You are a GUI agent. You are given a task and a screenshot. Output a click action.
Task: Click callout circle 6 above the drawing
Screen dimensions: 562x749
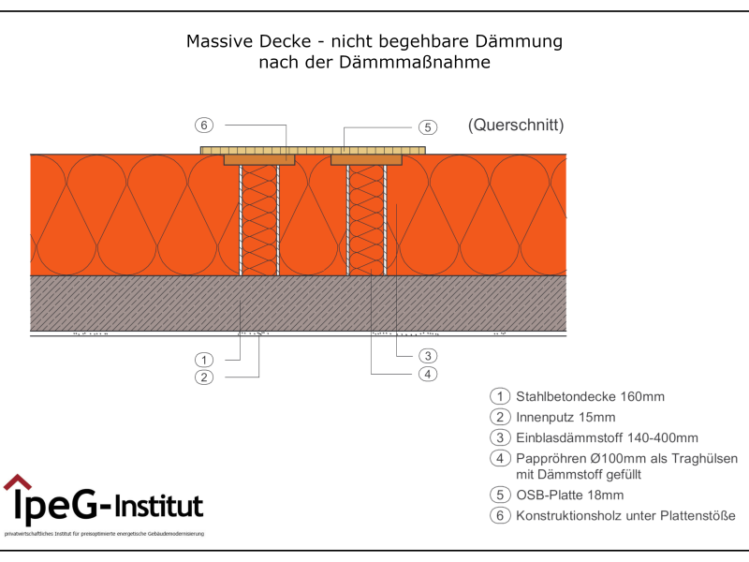204,125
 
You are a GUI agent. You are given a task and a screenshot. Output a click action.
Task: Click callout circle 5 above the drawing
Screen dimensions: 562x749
426,126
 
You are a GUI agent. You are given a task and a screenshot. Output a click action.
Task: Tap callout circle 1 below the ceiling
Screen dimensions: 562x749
204,360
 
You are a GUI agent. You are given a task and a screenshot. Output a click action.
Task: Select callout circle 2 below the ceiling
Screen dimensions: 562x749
204,377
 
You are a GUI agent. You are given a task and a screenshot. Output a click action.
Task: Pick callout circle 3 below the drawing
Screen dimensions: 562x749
426,356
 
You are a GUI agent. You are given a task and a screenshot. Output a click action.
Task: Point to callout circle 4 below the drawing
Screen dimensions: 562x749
426,374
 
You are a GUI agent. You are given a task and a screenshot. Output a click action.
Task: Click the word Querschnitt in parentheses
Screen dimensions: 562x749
516,126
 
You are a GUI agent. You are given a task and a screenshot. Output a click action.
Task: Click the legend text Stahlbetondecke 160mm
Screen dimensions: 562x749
590,396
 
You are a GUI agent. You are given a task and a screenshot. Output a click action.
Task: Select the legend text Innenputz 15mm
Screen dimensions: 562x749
565,417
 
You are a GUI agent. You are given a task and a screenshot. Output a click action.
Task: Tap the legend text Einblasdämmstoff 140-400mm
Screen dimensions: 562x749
607,437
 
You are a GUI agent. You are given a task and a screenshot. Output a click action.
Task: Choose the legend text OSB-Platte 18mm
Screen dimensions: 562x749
569,495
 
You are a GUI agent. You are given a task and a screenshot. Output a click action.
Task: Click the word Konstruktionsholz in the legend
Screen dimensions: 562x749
573,515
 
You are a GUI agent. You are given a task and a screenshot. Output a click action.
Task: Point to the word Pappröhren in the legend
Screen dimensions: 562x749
553,458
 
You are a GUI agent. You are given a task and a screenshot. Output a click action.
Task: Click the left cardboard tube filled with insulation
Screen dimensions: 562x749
260,220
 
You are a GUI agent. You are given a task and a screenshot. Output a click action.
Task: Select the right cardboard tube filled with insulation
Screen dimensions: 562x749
367,220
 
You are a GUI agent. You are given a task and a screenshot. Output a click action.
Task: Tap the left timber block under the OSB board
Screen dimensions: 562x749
259,160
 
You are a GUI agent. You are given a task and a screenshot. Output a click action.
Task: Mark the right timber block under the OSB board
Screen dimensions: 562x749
367,160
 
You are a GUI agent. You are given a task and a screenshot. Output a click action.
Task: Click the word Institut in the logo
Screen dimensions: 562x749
159,507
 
